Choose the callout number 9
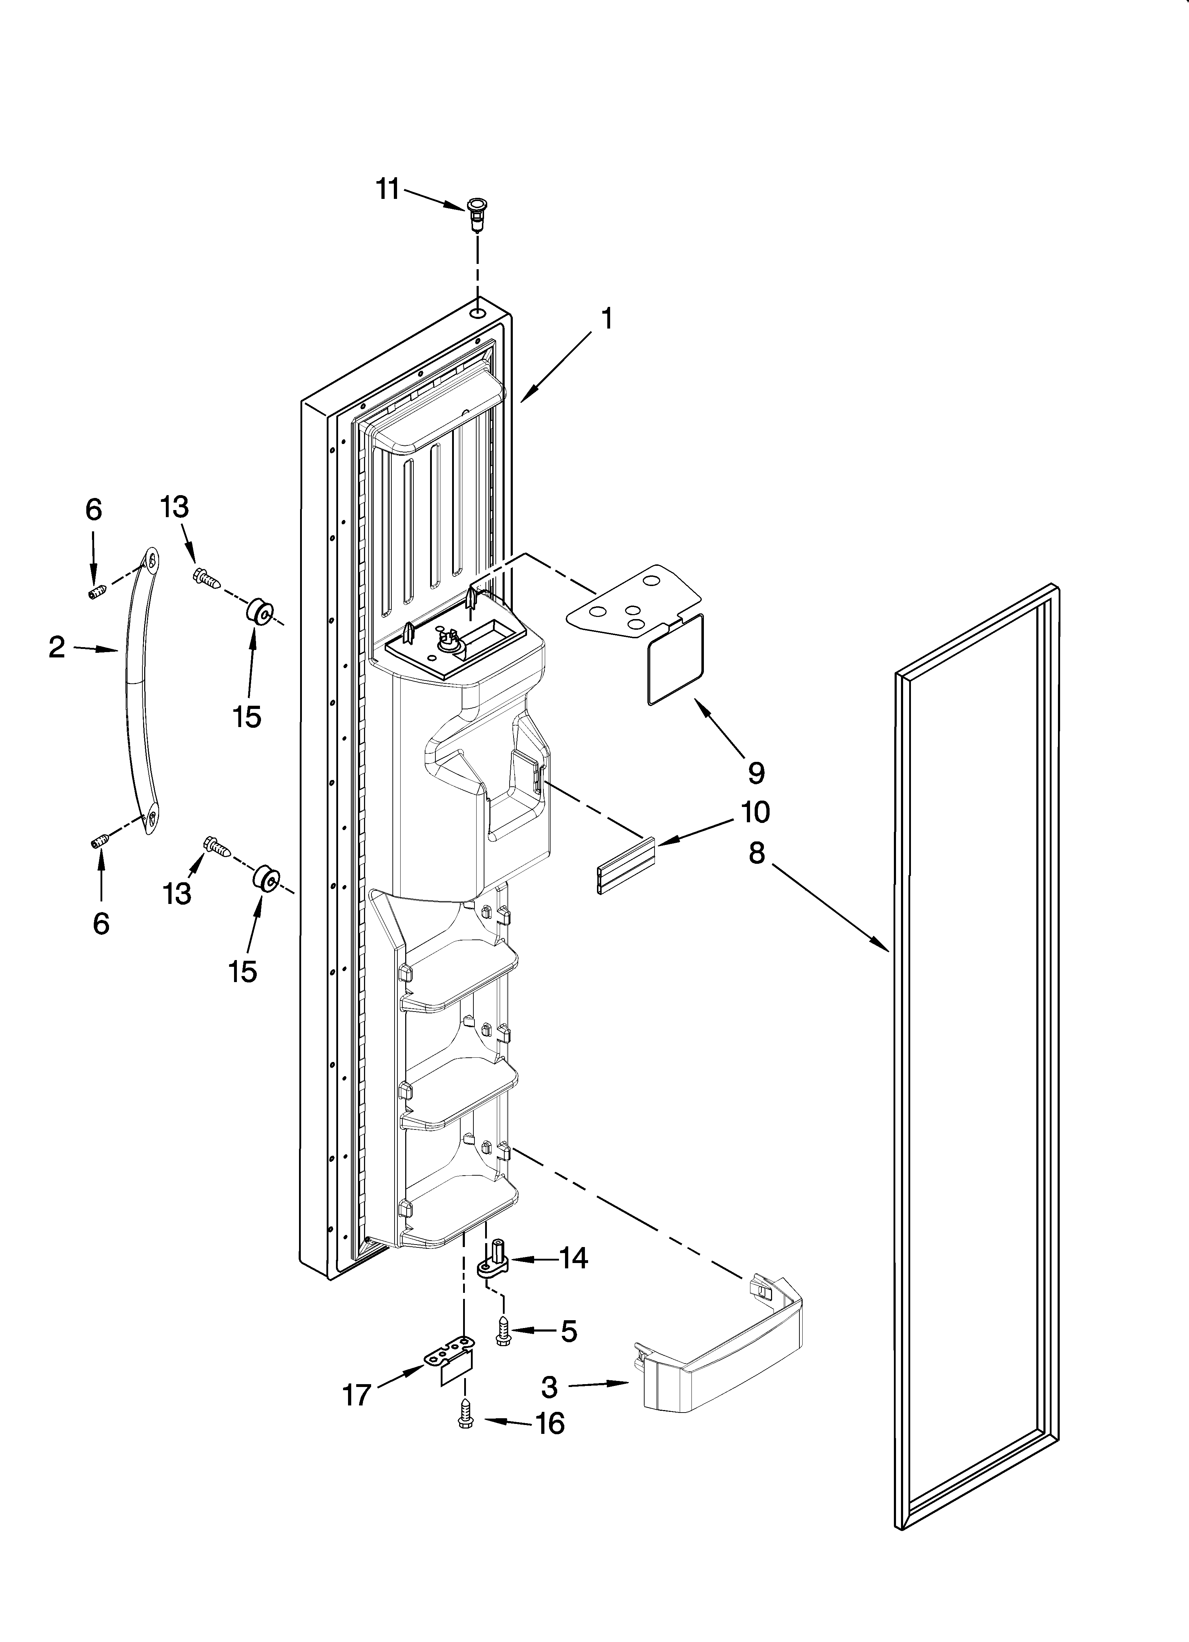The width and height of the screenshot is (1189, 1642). (755, 773)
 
